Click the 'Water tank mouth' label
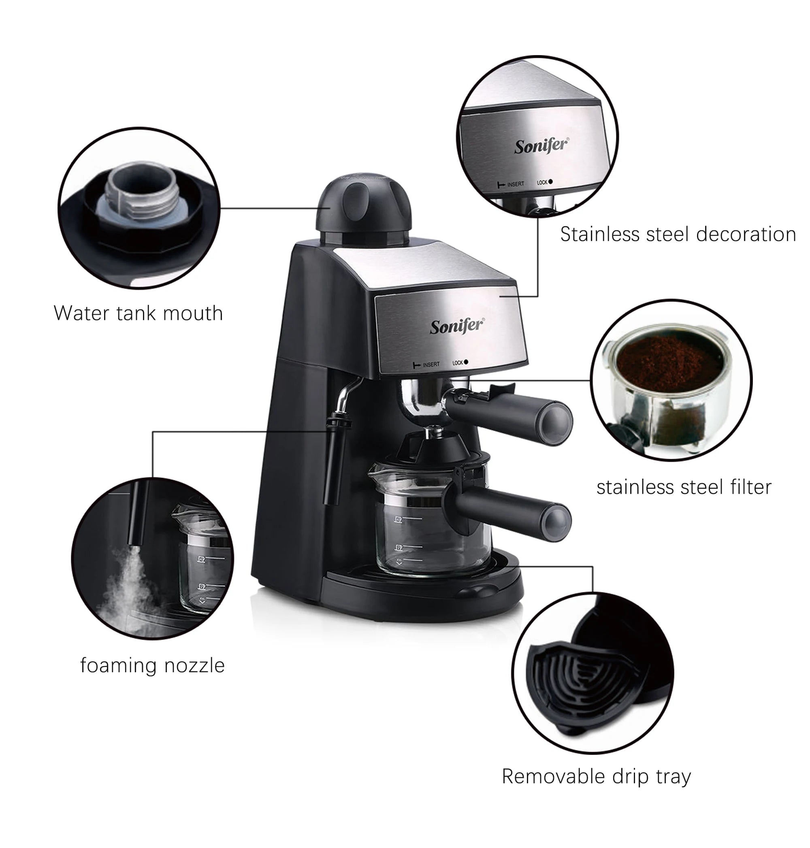(138, 313)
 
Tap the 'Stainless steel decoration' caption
(678, 234)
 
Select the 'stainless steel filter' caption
(684, 488)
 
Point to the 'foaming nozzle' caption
(152, 665)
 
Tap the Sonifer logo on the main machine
(457, 326)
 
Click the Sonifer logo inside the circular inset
(541, 146)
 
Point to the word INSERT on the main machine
(431, 365)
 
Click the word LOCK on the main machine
(457, 363)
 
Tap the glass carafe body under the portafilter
(432, 535)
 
